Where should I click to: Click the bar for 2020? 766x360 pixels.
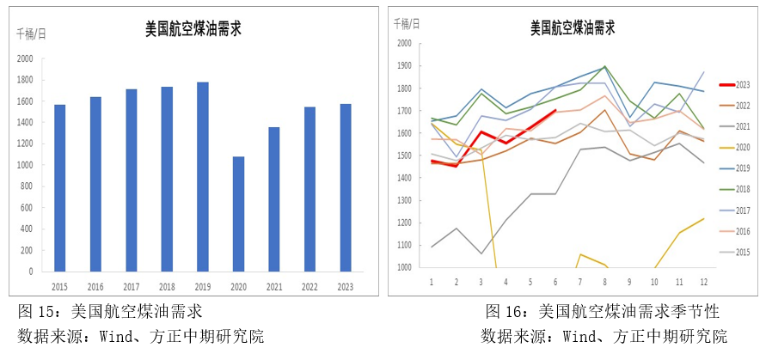click(x=238, y=214)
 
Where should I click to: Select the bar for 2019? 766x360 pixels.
click(x=203, y=177)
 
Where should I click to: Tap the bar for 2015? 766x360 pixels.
click(x=60, y=188)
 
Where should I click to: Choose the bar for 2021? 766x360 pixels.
click(x=274, y=199)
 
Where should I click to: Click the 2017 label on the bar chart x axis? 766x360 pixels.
click(x=132, y=287)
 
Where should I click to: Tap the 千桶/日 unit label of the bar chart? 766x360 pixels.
click(x=33, y=34)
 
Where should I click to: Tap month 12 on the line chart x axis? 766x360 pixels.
click(x=705, y=282)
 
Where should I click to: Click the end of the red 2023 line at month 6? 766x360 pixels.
click(x=555, y=111)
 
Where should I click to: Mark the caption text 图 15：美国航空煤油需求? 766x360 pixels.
click(x=111, y=310)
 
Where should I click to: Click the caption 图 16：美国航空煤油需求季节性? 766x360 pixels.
click(x=602, y=310)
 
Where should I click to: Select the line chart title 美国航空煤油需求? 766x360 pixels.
click(x=573, y=27)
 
